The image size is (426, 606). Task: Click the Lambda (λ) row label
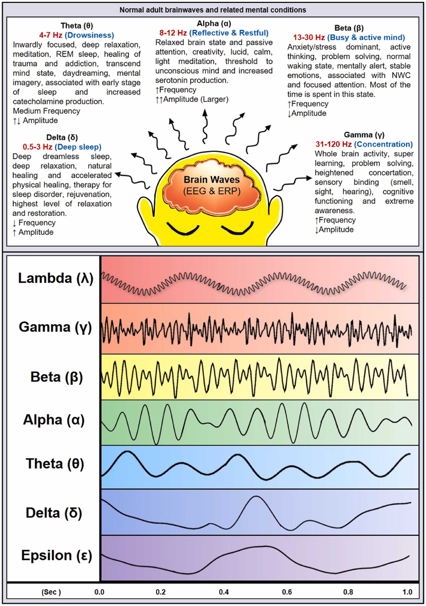point(55,278)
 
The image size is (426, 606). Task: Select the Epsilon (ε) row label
point(57,555)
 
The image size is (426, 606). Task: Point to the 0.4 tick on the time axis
point(224,592)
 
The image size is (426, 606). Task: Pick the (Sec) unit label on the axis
point(51,592)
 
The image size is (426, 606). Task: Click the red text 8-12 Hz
point(173,33)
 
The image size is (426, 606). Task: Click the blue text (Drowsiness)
point(89,35)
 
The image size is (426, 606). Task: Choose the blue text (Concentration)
point(383,144)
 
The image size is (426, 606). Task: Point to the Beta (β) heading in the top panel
point(349,28)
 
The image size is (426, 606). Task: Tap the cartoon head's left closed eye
point(183,229)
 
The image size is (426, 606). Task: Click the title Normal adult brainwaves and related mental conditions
point(213,10)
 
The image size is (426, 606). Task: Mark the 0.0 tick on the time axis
point(99,592)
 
